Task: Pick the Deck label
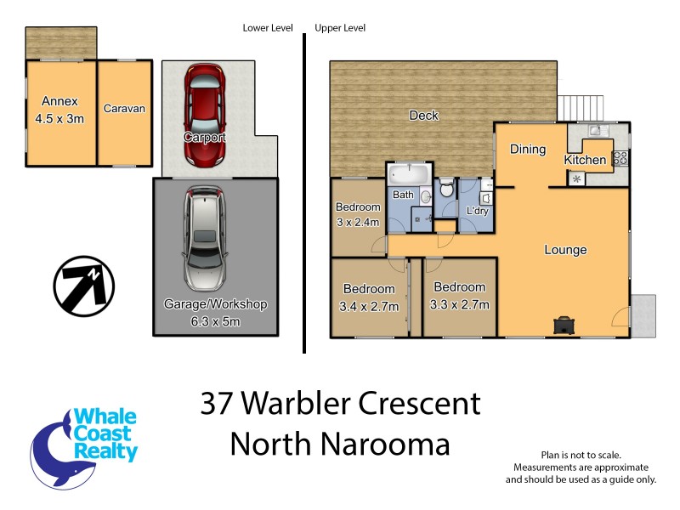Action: (x=423, y=116)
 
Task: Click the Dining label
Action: (x=527, y=150)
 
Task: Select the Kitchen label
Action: (x=585, y=160)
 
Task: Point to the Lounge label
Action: (x=565, y=250)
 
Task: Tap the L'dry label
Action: (x=477, y=211)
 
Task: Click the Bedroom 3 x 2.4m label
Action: (x=357, y=213)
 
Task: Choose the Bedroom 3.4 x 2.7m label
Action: (x=370, y=297)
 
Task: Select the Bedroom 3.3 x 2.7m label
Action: (x=459, y=296)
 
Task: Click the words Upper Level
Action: (x=340, y=28)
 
